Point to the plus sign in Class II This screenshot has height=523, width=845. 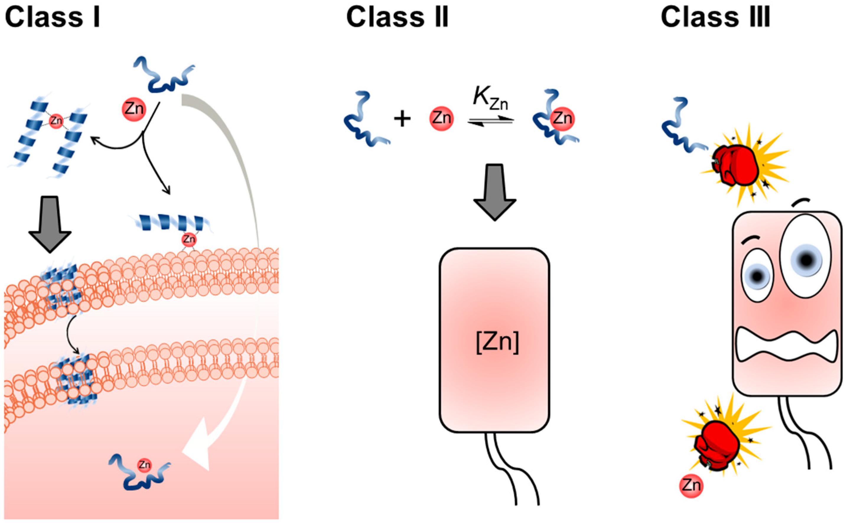tap(402, 119)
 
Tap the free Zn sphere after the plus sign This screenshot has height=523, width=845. tap(441, 119)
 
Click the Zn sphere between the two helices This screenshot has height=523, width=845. tap(56, 121)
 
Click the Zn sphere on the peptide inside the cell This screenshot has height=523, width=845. tap(144, 465)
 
